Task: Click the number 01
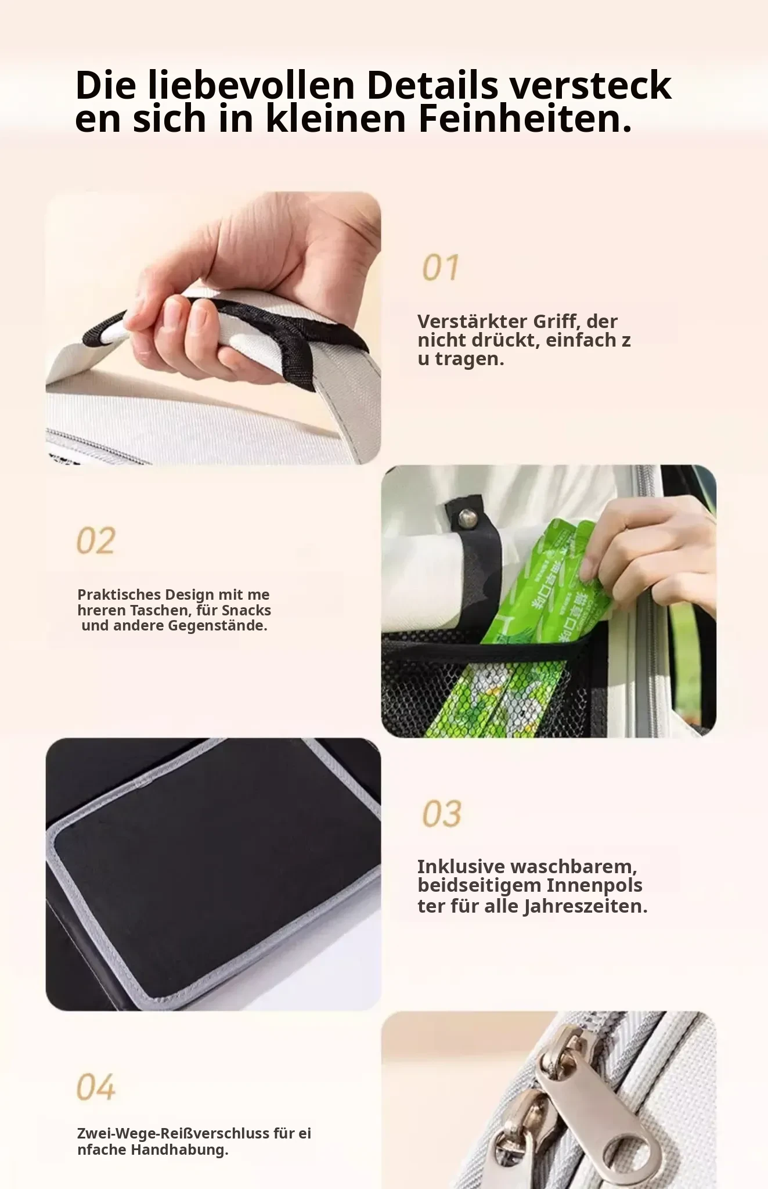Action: coord(441,268)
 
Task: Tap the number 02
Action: coord(96,541)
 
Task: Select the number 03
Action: coord(442,813)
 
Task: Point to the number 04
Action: coord(96,1087)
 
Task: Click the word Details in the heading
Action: coord(432,85)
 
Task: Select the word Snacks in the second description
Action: coord(246,610)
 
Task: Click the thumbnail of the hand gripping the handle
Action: coord(213,328)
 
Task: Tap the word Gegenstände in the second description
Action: coord(217,626)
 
